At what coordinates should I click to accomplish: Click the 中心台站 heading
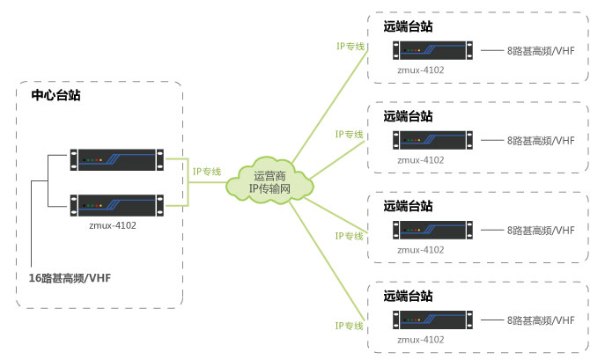[x=55, y=95]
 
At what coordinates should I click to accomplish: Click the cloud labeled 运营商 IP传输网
[x=269, y=182]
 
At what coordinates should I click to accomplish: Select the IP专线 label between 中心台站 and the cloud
[x=207, y=171]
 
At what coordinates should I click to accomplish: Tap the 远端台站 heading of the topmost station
[x=408, y=26]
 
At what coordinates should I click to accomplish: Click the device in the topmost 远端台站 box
[x=431, y=52]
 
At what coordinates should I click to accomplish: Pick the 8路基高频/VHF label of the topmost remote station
[x=540, y=52]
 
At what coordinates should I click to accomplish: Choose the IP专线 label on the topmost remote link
[x=350, y=45]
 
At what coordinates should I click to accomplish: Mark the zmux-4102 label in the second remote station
[x=420, y=160]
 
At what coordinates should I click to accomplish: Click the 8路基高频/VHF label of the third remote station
[x=540, y=231]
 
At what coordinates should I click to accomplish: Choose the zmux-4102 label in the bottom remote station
[x=420, y=340]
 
